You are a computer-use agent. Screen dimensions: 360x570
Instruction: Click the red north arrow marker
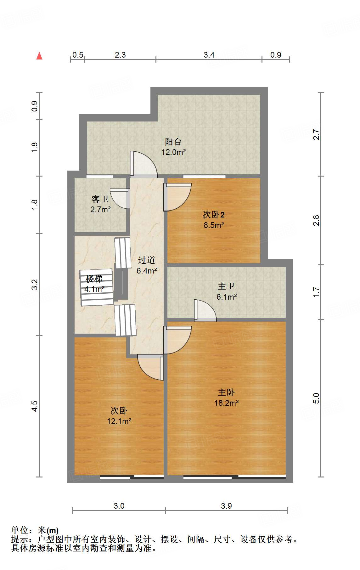tap(39, 56)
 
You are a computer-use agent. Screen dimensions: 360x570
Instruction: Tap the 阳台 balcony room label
tap(173, 142)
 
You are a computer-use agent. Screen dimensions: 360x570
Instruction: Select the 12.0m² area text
tap(173, 152)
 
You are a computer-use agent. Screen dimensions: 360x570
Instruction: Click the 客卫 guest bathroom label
tap(100, 199)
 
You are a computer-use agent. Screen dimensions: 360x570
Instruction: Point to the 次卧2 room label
tap(214, 215)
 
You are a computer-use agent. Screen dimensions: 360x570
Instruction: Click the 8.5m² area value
tap(214, 225)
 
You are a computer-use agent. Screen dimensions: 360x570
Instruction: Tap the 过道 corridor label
tap(147, 260)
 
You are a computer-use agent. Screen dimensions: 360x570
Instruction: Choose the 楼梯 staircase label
tap(94, 279)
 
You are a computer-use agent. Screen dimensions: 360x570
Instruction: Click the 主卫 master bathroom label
tap(226, 286)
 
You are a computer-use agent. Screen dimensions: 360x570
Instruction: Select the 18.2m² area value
tap(227, 403)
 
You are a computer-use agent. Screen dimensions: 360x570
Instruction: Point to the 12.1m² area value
tap(119, 421)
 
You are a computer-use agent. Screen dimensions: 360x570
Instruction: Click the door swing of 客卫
tap(120, 198)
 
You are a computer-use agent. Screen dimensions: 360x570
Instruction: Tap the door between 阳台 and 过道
tap(143, 164)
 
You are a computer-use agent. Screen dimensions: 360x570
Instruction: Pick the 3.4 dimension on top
tap(209, 55)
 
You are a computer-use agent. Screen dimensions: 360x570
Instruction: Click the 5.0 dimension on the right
tap(316, 398)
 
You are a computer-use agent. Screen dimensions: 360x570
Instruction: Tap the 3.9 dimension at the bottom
tap(226, 506)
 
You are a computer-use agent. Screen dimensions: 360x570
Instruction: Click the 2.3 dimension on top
tap(120, 55)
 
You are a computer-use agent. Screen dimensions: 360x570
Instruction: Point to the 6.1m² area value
tap(227, 297)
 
